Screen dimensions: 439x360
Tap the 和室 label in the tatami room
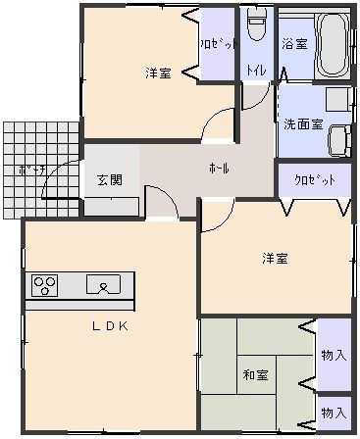(258, 374)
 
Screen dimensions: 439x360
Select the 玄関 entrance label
(109, 180)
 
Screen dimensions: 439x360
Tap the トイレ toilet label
(256, 71)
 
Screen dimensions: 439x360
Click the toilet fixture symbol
(257, 24)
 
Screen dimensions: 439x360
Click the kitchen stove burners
(45, 285)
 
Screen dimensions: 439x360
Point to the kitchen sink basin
(103, 285)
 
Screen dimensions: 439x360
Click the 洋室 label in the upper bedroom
(158, 73)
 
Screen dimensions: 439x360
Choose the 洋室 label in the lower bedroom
(275, 259)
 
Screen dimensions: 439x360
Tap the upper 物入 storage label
(334, 354)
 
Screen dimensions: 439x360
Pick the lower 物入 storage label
(334, 412)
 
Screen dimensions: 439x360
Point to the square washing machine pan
(338, 99)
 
